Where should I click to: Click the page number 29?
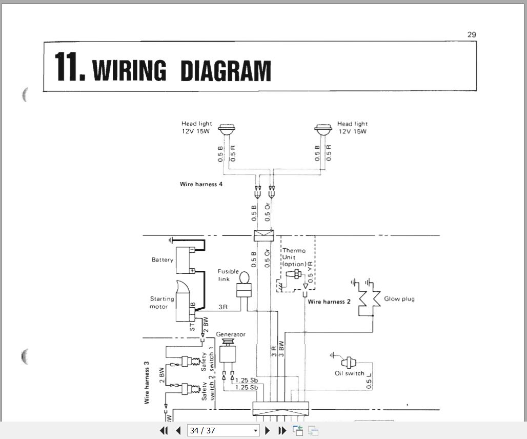(x=472, y=35)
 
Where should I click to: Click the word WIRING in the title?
(x=130, y=71)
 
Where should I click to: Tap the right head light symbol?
(x=322, y=130)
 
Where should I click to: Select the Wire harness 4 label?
(x=201, y=184)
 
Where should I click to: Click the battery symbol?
(x=185, y=260)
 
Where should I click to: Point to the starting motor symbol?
(x=183, y=303)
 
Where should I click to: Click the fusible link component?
(x=244, y=285)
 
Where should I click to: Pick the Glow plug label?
(x=399, y=298)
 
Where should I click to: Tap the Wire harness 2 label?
(x=329, y=302)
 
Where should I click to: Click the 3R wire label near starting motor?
(x=224, y=307)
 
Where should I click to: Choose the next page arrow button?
(x=268, y=431)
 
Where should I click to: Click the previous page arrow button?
(x=178, y=431)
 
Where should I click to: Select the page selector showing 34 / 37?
(x=224, y=431)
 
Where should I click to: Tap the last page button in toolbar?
(x=282, y=431)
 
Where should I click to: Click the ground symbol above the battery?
(x=170, y=240)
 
